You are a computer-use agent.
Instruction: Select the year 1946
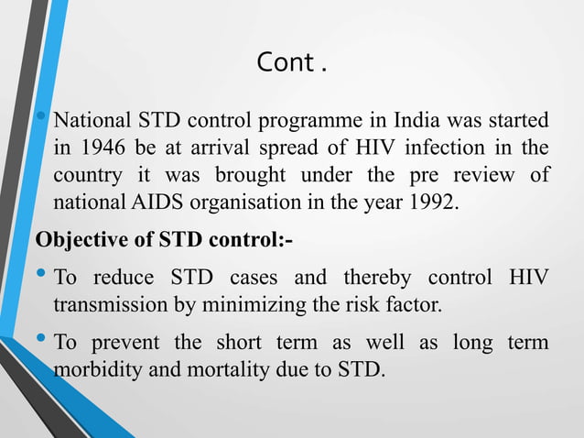[x=101, y=148]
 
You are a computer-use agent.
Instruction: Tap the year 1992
[x=428, y=202]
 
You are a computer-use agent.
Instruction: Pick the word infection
[x=443, y=148]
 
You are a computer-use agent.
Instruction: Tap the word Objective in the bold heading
[x=74, y=239]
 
